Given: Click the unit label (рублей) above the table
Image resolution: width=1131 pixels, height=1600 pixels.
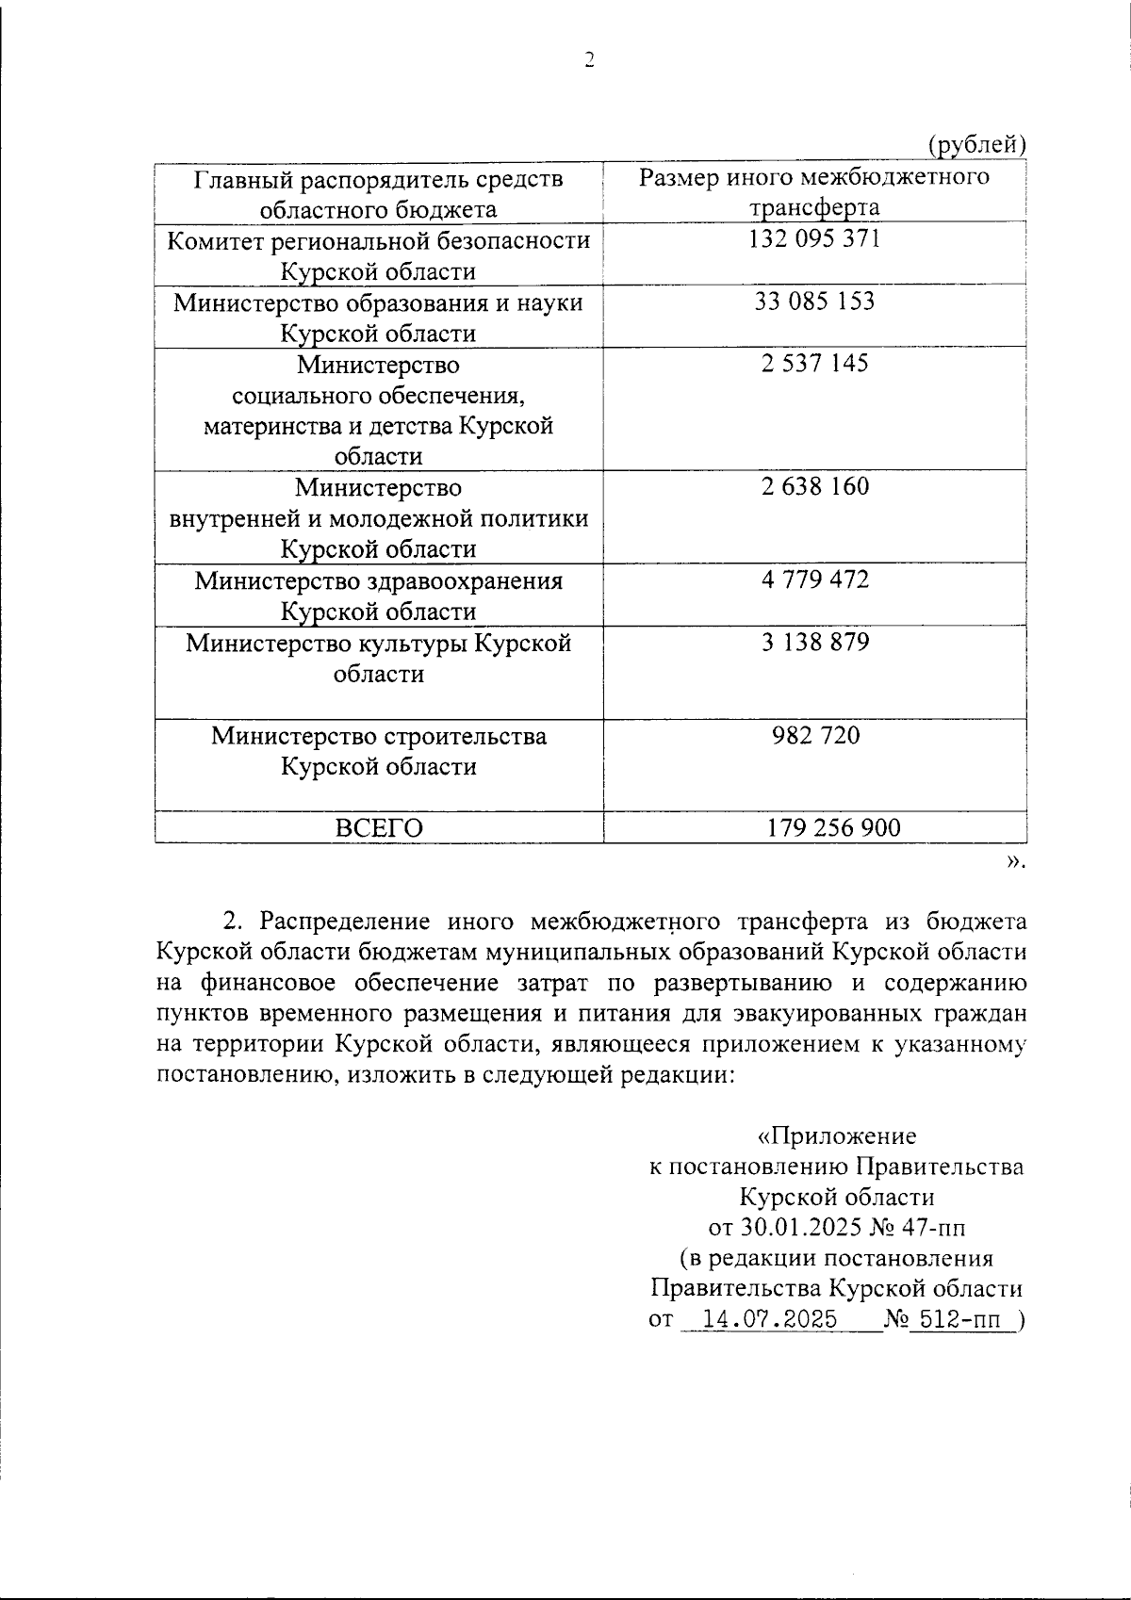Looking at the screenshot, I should [976, 145].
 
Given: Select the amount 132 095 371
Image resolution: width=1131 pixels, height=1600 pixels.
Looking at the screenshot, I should [814, 239].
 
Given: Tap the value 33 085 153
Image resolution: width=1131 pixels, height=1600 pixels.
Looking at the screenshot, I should [814, 302].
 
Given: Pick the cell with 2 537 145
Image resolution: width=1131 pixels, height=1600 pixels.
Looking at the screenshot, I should [814, 364].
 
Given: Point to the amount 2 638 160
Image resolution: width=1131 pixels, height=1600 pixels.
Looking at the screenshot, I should [814, 487].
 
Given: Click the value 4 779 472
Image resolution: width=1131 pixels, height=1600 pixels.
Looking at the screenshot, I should [814, 580].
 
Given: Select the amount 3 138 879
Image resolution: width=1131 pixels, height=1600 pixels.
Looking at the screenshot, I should [814, 643].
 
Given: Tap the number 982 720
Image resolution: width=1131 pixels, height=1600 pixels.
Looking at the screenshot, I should [815, 735].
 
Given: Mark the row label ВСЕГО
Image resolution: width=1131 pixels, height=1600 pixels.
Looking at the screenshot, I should [379, 828].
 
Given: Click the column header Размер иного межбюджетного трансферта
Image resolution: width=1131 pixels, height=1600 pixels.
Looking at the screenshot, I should [814, 192].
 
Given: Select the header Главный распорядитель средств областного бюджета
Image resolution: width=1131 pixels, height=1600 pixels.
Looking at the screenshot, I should [379, 193].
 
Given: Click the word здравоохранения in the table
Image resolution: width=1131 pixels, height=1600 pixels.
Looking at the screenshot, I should [466, 581].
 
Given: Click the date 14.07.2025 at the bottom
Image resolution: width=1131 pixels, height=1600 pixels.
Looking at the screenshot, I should [770, 1320].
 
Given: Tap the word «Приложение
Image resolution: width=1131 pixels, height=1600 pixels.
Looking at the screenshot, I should [837, 1136].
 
